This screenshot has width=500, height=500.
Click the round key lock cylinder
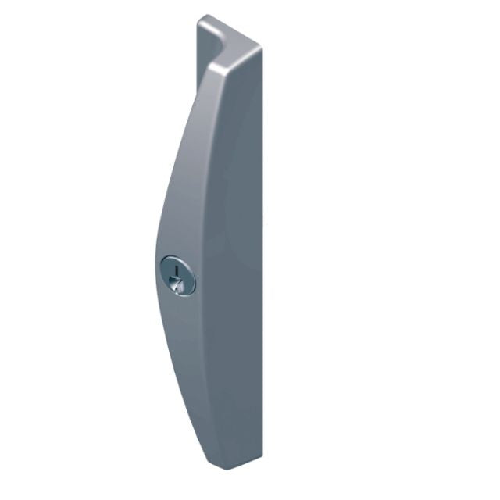coord(177,276)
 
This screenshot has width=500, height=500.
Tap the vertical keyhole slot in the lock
coord(177,271)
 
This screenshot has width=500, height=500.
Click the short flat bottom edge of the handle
coord(238,468)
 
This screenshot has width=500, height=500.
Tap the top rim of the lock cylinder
coord(177,256)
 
